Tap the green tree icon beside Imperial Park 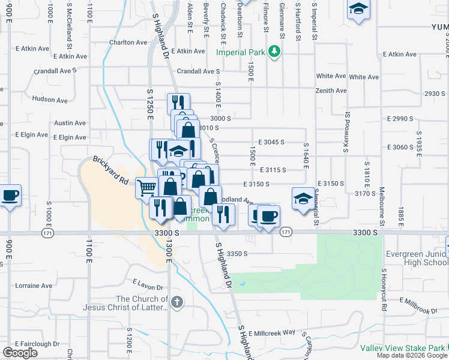[x=274, y=52]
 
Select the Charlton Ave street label [x=128, y=43]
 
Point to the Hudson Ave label [x=47, y=99]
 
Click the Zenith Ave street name [x=331, y=91]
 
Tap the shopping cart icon [x=146, y=188]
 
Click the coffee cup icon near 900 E [x=10, y=196]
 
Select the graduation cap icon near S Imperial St [x=302, y=197]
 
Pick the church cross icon [x=176, y=302]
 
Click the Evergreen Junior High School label [x=418, y=258]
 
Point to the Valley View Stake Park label [x=402, y=348]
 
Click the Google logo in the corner [x=20, y=353]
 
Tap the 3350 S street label [x=237, y=253]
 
